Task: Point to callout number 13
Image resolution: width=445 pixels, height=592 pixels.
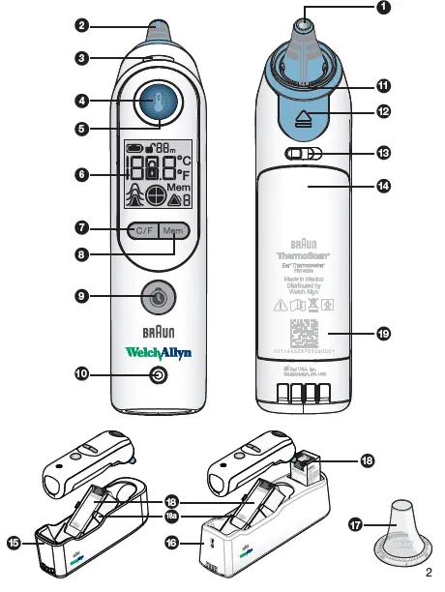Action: point(384,153)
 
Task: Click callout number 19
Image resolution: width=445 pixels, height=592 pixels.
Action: point(384,334)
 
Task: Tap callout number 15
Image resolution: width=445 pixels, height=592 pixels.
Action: point(15,544)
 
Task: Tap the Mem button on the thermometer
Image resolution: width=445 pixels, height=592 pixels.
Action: point(173,230)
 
